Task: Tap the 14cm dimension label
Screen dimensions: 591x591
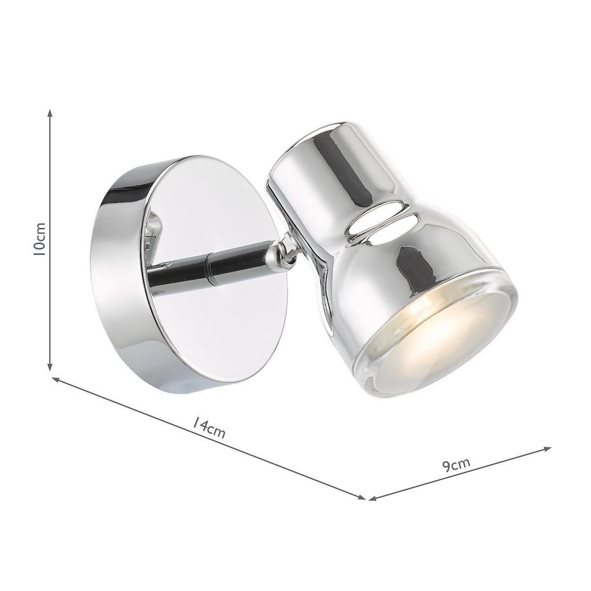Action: pos(208,428)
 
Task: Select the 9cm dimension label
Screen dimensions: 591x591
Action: pos(456,464)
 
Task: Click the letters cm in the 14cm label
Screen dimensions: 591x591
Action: pos(217,431)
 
